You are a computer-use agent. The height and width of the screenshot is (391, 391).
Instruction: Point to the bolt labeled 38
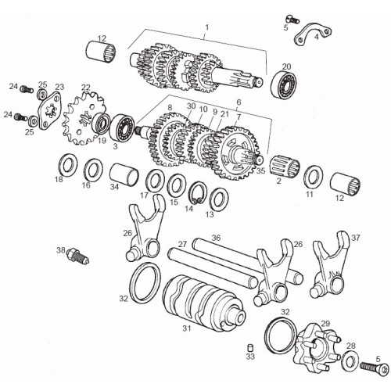pyautogui.click(x=78, y=256)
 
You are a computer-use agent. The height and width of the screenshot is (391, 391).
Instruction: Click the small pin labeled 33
pyautogui.click(x=250, y=348)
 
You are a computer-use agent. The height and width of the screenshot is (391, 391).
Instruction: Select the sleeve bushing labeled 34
pyautogui.click(x=124, y=175)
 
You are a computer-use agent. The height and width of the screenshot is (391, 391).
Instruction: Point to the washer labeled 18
pyautogui.click(x=66, y=164)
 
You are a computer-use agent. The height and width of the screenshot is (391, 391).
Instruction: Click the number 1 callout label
pyautogui.click(x=207, y=27)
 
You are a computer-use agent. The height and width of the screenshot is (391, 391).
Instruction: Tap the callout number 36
pyautogui.click(x=216, y=238)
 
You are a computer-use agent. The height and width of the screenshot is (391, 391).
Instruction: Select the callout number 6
pyautogui.click(x=239, y=102)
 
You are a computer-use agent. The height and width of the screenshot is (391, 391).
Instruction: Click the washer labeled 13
pyautogui.click(x=219, y=199)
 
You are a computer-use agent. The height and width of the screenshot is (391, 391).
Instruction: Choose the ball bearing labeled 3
pyautogui.click(x=122, y=128)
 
